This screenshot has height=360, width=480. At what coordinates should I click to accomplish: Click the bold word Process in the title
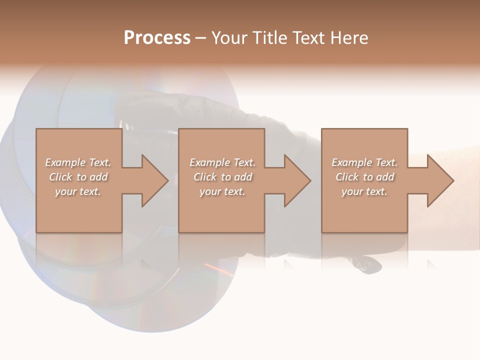[x=157, y=38]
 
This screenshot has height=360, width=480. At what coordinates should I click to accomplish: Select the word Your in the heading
[x=230, y=38]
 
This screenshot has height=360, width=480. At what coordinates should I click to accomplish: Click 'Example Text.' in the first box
[x=78, y=162]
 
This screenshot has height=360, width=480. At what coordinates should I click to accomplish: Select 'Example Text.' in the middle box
[x=222, y=162]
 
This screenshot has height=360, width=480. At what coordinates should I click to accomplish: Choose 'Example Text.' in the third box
[x=364, y=162]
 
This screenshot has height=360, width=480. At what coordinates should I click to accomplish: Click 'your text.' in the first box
[x=78, y=191]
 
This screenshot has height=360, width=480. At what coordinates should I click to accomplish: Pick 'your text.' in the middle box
[x=222, y=191]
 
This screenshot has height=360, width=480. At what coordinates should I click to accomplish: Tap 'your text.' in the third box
[x=364, y=191]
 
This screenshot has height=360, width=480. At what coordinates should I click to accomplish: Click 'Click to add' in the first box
[x=78, y=177]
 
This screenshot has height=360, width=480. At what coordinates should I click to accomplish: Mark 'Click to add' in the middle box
[x=222, y=177]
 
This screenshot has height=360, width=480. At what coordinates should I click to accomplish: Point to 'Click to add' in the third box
[x=364, y=177]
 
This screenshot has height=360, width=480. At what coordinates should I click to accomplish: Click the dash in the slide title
[x=200, y=38]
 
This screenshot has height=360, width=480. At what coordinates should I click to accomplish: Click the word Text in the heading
[x=306, y=38]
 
